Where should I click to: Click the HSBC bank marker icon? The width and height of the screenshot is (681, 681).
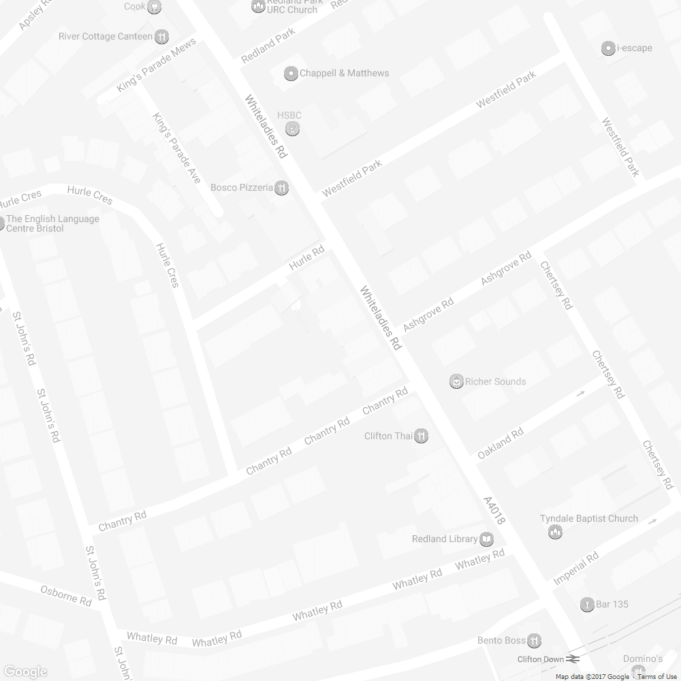292,128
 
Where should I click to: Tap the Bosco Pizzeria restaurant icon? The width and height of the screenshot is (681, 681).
281,188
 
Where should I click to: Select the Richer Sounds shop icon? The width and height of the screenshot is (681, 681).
456,381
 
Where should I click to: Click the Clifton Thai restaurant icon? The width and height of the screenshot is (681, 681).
422,436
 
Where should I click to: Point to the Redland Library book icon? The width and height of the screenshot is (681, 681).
486,539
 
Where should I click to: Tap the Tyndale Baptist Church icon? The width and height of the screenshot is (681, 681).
555,532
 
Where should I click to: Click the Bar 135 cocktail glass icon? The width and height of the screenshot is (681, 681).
586,604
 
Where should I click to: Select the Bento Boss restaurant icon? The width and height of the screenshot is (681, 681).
535,640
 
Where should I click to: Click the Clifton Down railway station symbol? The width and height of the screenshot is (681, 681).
572,659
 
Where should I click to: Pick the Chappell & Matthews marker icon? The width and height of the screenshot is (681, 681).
291,73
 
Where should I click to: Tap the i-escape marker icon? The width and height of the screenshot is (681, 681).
608,48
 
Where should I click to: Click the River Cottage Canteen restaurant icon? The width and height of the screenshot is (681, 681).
161,36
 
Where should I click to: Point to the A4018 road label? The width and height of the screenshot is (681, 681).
494,510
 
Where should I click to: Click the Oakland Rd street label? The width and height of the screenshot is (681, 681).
501,443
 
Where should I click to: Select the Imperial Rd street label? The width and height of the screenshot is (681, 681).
576,568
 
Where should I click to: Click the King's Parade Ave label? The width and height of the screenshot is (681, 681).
176,147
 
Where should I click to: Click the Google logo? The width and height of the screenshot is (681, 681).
25,671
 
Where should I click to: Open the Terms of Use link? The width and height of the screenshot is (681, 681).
657,676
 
